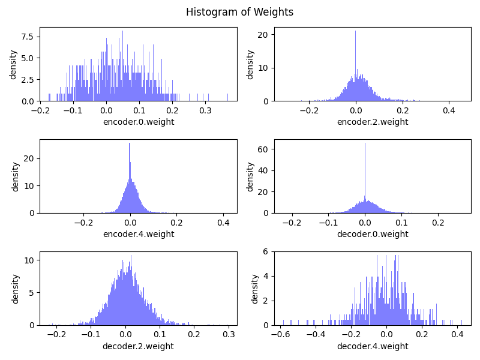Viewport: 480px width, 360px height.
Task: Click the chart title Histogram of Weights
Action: [x=239, y=12]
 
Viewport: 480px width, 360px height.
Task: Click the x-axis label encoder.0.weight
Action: [x=139, y=122]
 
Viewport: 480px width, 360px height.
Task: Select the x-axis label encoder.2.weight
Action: [x=373, y=122]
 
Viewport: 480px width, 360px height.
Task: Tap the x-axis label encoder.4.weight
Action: [x=139, y=234]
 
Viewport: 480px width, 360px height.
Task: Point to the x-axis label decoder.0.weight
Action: [x=373, y=234]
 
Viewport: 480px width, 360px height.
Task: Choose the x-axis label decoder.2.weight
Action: [x=139, y=346]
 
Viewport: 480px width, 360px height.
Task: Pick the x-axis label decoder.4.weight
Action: [x=373, y=346]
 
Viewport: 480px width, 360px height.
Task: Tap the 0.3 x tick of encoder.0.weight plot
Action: [x=206, y=110]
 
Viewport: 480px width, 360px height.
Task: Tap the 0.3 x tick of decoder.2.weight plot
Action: [x=228, y=334]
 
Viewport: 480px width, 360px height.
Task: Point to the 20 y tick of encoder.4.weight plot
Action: [x=29, y=158]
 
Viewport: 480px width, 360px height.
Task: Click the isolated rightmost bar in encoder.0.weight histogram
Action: [x=227, y=97]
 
